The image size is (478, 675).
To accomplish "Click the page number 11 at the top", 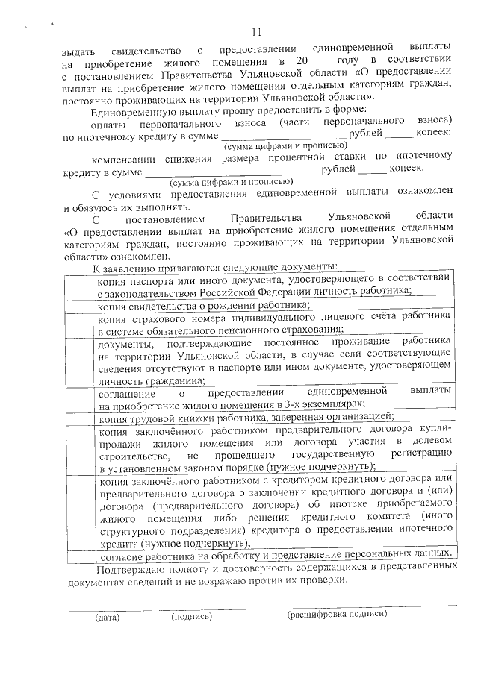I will click(257, 31).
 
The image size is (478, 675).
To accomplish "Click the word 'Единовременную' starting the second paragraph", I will click(128, 108).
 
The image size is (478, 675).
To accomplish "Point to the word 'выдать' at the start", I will click(78, 49).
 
